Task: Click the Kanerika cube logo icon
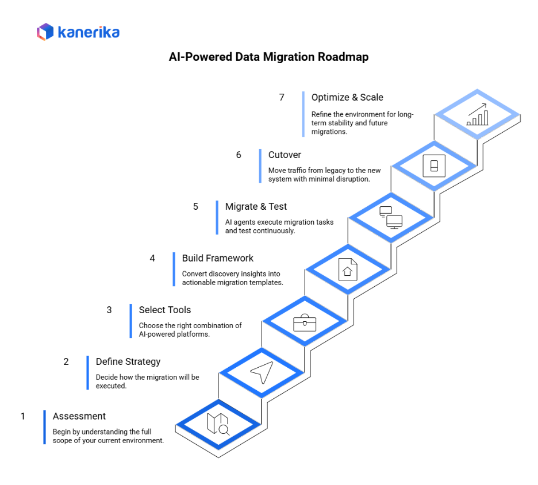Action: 45,32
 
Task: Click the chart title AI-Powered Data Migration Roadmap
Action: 268,57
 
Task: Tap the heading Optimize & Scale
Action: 347,97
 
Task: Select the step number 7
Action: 282,97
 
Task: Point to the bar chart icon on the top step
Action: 477,114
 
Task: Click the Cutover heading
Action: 285,155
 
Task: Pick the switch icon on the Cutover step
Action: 434,166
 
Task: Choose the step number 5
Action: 195,206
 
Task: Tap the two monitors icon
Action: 391,217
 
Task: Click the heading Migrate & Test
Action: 256,206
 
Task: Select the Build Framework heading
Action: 218,258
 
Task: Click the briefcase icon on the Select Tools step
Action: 305,322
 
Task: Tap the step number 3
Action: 109,310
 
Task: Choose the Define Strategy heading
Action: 128,361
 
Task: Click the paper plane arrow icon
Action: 261,372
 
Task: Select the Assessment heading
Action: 79,416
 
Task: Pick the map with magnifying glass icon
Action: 218,425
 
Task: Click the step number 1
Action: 23,416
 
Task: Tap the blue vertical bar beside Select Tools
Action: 131,321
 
